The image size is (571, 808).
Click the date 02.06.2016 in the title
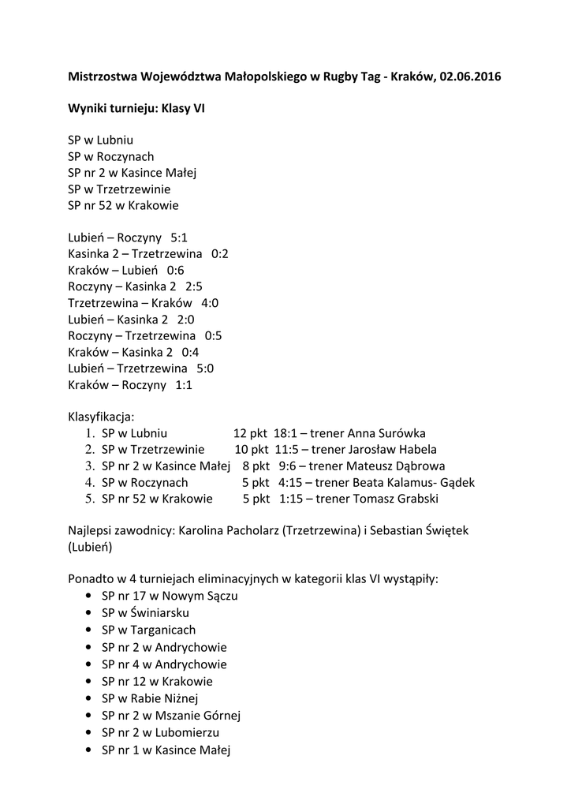tap(470, 77)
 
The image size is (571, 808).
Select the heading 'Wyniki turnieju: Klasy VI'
tap(136, 110)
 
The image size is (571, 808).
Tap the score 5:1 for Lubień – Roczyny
tap(179, 238)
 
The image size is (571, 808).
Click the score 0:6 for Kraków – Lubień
tap(175, 270)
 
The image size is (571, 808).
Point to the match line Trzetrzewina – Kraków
tap(130, 303)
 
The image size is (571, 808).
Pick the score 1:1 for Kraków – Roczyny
tap(184, 385)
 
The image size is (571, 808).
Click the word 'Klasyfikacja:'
tap(102, 416)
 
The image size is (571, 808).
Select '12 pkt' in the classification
tap(250, 433)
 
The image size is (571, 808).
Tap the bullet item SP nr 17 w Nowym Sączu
tap(170, 596)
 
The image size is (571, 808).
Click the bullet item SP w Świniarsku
tap(145, 613)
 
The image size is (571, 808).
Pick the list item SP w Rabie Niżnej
tap(150, 698)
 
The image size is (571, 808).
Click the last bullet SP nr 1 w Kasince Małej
tap(166, 750)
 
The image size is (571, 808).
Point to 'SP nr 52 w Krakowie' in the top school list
tap(123, 205)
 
